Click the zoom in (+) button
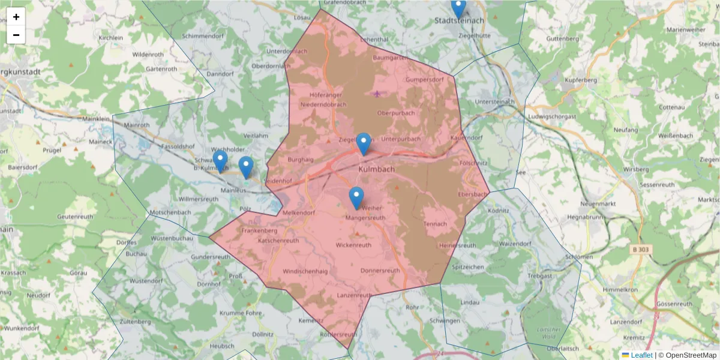tap(16, 17)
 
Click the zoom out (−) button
tap(16, 35)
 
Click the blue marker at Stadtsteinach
tap(458, 8)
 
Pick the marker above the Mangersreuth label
tap(356, 197)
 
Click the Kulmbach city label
tap(376, 170)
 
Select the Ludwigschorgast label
tap(552, 116)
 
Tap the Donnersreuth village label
tap(380, 271)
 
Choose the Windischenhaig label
tap(305, 271)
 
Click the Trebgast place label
tap(539, 275)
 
